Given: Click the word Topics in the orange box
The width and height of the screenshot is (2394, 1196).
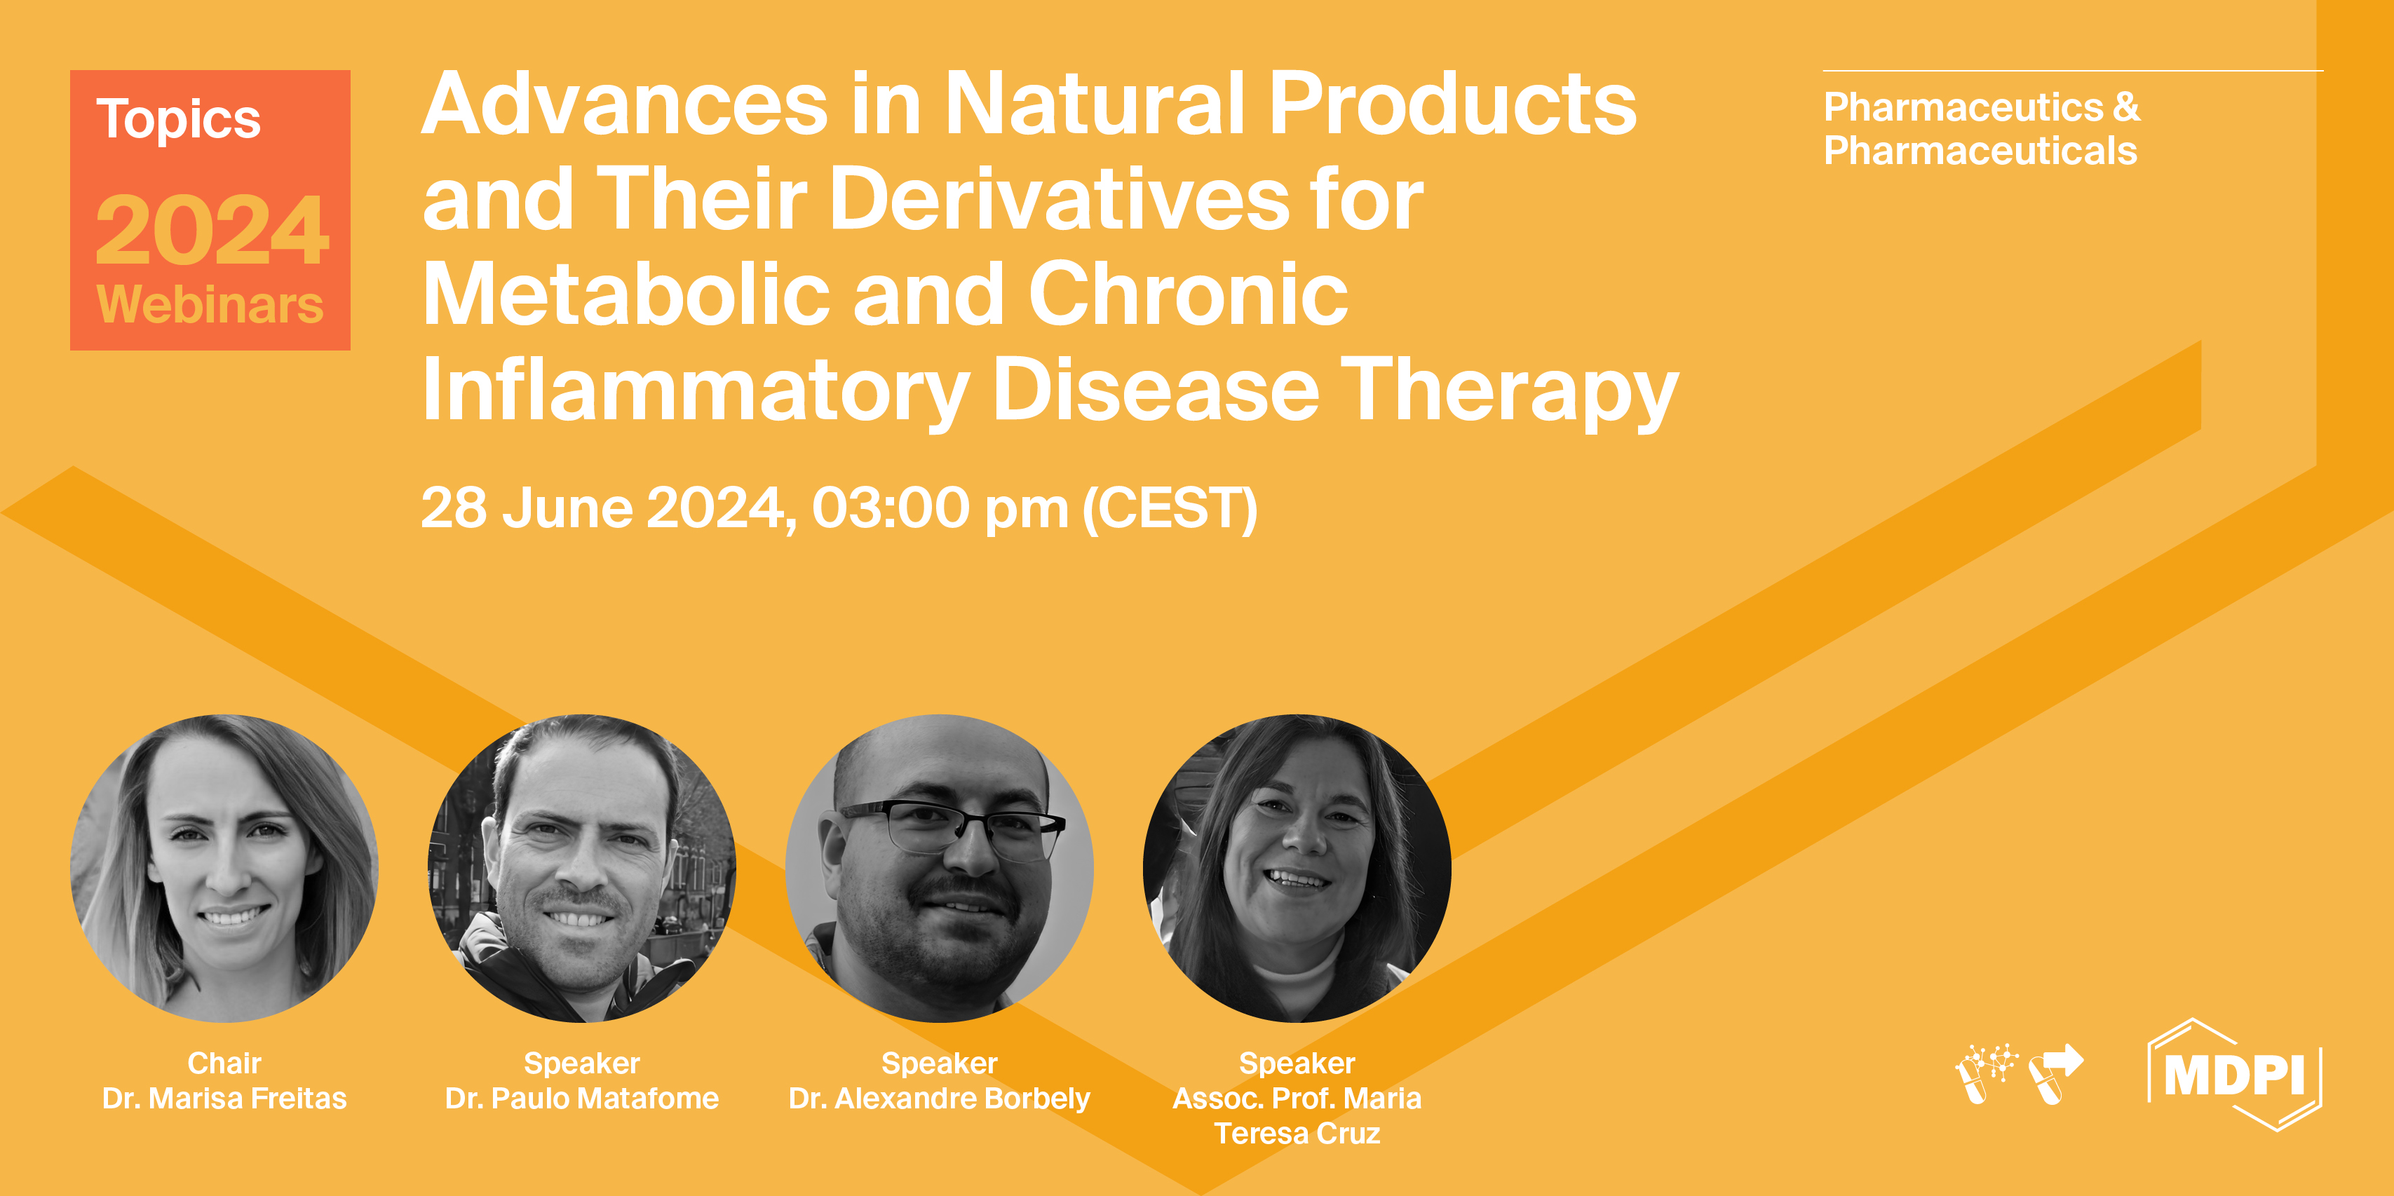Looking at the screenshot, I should (x=178, y=121).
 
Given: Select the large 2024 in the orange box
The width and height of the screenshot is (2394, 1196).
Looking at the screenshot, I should (x=212, y=231).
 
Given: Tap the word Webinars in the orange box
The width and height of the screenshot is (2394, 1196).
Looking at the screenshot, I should (x=210, y=305).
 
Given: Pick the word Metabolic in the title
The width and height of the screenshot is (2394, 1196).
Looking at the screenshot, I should (x=625, y=296).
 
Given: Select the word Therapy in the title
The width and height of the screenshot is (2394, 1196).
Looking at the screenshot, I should (x=1508, y=392).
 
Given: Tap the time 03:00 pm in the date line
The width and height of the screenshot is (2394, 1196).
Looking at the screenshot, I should (x=940, y=509).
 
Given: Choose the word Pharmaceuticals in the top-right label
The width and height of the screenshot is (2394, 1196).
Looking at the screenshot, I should (x=1980, y=151).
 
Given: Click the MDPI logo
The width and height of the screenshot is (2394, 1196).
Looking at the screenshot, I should (x=2234, y=1075).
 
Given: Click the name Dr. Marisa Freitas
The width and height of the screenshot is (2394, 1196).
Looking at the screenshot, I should (x=224, y=1099).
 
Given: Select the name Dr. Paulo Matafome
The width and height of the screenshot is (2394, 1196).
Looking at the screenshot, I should (x=582, y=1099).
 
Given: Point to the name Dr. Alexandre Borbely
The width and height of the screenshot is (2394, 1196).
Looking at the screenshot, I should (x=939, y=1099).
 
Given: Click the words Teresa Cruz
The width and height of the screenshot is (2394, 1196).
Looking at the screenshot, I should (x=1297, y=1134).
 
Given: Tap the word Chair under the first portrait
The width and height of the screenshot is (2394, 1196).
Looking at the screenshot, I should (x=224, y=1063).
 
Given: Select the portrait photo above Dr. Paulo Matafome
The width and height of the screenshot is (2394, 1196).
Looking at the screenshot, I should (x=582, y=868).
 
